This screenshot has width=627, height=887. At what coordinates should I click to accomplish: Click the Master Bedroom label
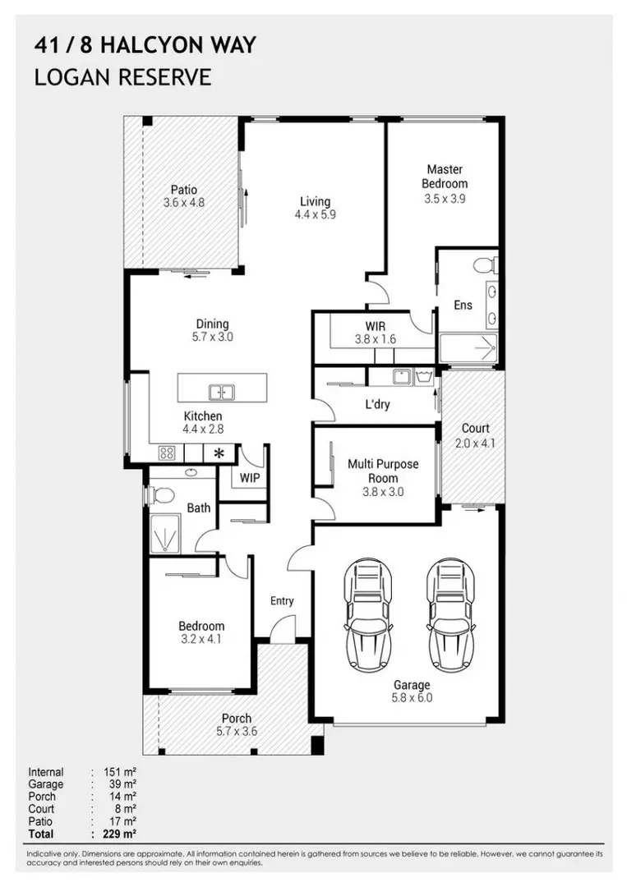click(x=445, y=177)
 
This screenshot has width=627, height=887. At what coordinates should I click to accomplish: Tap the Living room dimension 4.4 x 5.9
click(x=315, y=214)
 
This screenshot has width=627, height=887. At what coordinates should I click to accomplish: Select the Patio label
click(x=183, y=190)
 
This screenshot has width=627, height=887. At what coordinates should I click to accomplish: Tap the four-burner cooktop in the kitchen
click(x=166, y=453)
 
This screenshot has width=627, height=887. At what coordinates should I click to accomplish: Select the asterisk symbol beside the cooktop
click(x=219, y=453)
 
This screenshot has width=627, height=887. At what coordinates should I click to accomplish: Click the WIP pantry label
click(x=249, y=477)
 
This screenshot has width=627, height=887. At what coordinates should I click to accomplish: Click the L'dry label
click(x=377, y=404)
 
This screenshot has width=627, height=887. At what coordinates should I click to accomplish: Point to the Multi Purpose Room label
click(x=382, y=471)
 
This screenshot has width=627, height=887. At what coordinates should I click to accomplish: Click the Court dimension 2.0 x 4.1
click(x=475, y=443)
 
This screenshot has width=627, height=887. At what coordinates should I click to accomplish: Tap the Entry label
click(x=282, y=601)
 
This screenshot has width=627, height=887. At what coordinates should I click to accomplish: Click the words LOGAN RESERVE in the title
click(x=122, y=77)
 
